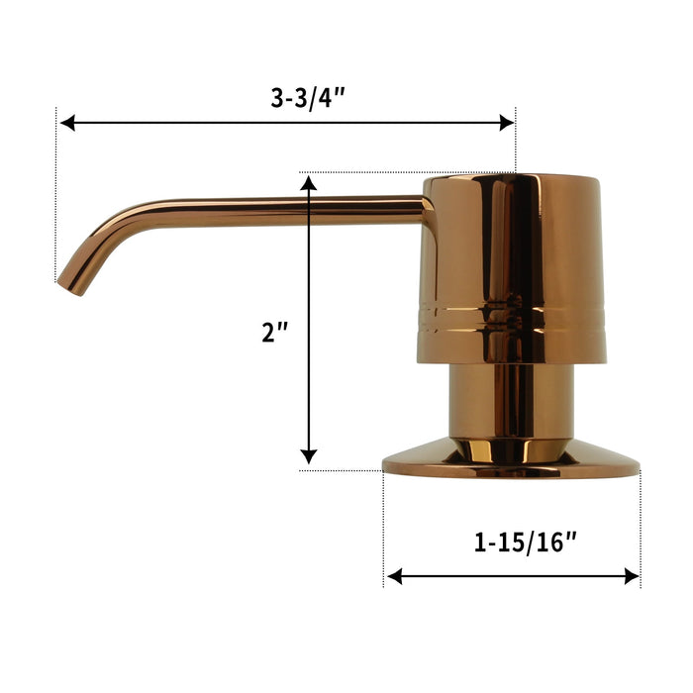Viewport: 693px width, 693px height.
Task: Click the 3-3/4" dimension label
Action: (x=307, y=98)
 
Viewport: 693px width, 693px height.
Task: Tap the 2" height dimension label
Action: (x=274, y=333)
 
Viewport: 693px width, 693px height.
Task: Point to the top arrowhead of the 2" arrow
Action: (x=309, y=183)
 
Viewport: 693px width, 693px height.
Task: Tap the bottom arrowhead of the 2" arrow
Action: (x=309, y=456)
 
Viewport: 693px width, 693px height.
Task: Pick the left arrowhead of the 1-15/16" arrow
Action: (x=394, y=576)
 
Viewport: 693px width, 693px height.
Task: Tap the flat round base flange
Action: (x=511, y=463)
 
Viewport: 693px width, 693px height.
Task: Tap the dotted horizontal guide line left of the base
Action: (x=342, y=470)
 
